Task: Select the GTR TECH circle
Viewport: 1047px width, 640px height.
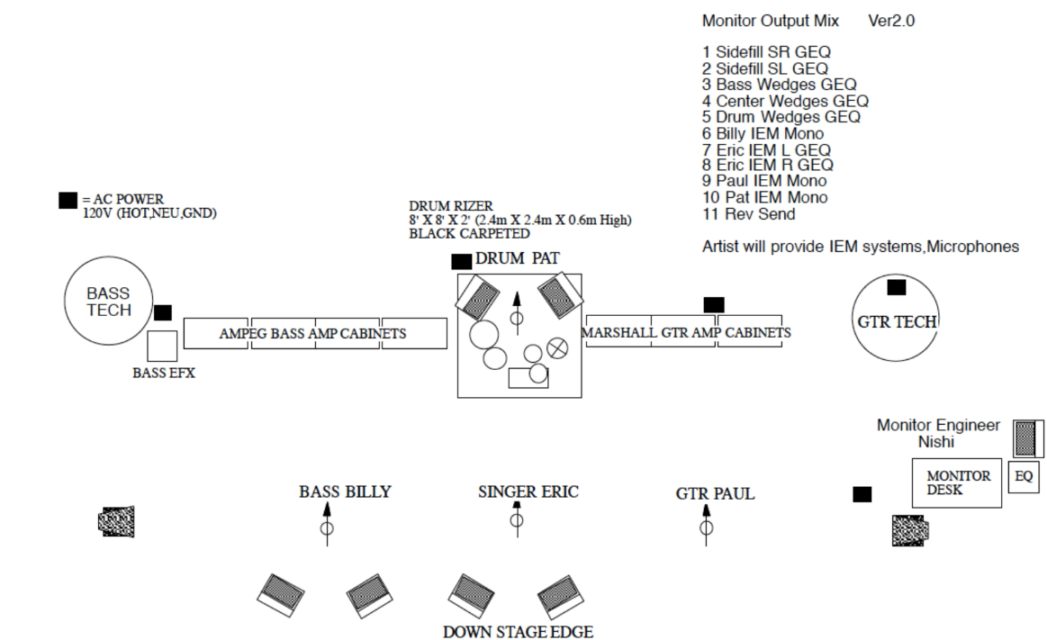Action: coord(896,321)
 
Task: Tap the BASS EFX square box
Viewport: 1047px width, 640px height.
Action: coord(162,347)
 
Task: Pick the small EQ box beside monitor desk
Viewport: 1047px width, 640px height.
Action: coord(1024,477)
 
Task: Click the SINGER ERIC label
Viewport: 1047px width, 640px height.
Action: coord(528,492)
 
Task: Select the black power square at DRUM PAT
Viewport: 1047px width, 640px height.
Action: coord(461,261)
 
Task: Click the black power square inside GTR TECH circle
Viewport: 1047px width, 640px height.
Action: coord(897,288)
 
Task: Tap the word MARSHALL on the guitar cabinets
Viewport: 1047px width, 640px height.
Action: coord(618,333)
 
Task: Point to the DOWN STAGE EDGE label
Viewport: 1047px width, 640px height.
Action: coord(518,632)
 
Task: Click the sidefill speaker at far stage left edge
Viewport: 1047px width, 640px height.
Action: coord(116,520)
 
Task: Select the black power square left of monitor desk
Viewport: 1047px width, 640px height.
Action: coord(862,493)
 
